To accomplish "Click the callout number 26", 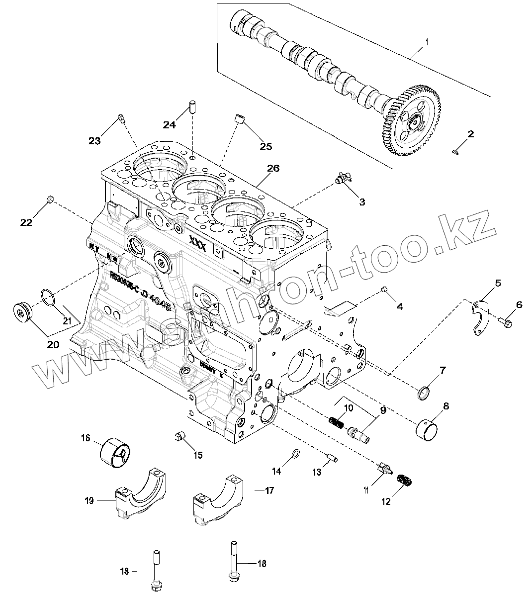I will [x=273, y=168].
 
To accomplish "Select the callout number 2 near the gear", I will [x=470, y=134].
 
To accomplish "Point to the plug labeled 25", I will [x=240, y=119].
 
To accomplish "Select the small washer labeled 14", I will [x=294, y=454].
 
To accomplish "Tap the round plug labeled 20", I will [x=23, y=312].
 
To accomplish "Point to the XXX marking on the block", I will [x=197, y=241].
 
